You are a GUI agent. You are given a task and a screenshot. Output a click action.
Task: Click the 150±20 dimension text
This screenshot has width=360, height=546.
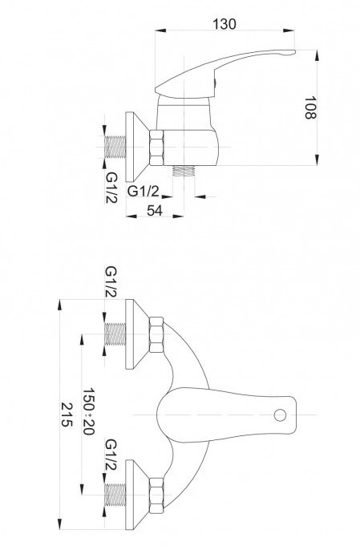click(x=90, y=414)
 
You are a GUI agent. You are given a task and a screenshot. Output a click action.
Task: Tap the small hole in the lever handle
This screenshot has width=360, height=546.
click(x=279, y=415)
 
